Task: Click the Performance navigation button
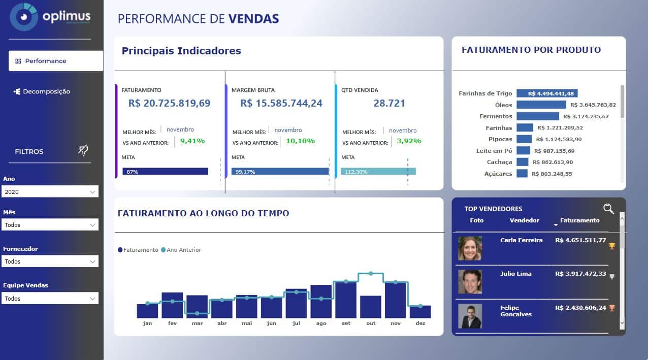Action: (x=55, y=61)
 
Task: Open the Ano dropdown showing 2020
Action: (x=50, y=192)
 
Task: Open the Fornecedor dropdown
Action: (x=50, y=261)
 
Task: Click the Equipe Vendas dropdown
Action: (x=50, y=299)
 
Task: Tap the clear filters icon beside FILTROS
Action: (x=84, y=150)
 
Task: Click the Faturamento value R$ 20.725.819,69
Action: (x=169, y=103)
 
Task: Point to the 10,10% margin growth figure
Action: (x=300, y=141)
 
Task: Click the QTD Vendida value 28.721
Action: (x=389, y=103)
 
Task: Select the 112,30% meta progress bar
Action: (x=378, y=172)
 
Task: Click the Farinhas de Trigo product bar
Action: (x=547, y=93)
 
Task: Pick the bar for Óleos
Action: (x=541, y=105)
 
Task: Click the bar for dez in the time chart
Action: (x=420, y=311)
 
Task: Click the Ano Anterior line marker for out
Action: (x=371, y=273)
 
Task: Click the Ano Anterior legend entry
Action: (x=181, y=250)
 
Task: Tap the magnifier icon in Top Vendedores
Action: (x=608, y=209)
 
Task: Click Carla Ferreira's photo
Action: (x=470, y=248)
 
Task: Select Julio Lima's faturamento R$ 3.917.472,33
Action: (x=580, y=274)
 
